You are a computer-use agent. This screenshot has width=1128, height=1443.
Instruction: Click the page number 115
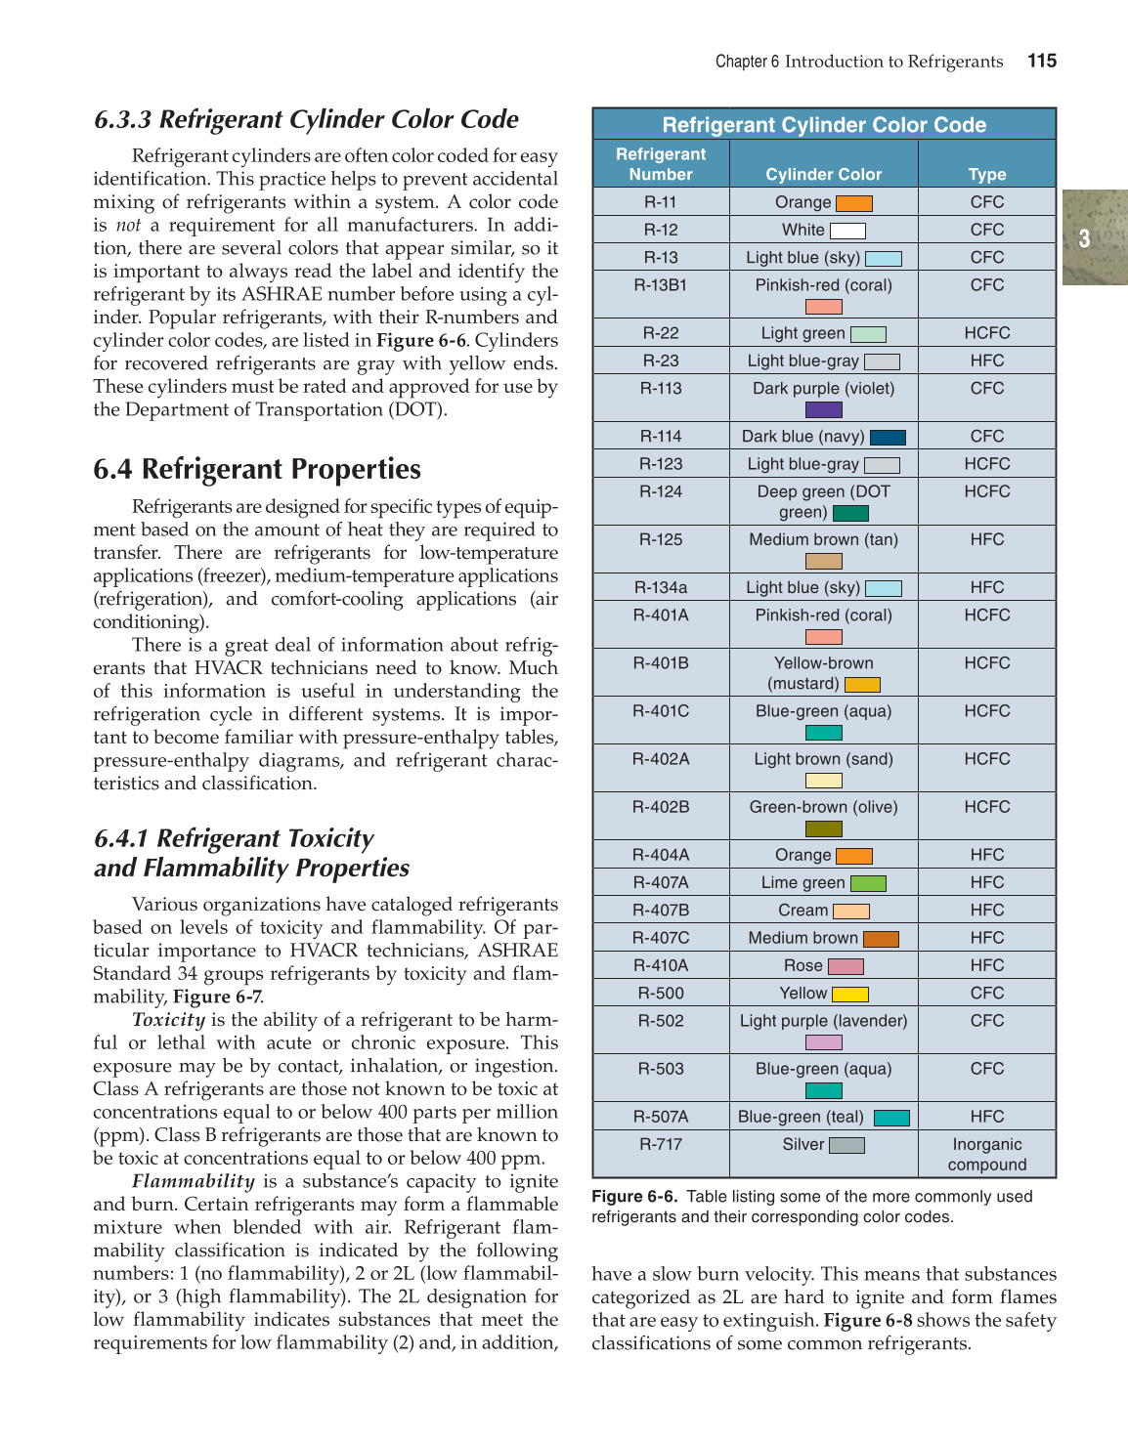pyautogui.click(x=1042, y=61)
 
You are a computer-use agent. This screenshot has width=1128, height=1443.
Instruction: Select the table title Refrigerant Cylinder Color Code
pyautogui.click(x=824, y=125)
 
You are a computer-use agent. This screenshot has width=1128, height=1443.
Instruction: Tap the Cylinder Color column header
pyautogui.click(x=823, y=174)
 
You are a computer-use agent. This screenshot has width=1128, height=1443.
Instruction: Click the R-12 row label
pyautogui.click(x=661, y=230)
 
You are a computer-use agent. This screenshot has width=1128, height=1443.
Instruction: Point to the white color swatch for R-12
pyautogui.click(x=847, y=232)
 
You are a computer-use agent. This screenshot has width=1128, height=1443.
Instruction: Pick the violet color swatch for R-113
pyautogui.click(x=824, y=409)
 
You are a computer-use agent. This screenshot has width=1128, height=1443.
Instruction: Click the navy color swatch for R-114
pyautogui.click(x=888, y=438)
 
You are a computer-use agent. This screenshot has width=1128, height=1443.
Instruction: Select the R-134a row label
pyautogui.click(x=661, y=587)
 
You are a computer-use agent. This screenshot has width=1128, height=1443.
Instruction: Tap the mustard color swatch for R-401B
pyautogui.click(x=862, y=685)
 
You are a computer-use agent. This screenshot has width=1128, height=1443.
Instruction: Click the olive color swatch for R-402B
pyautogui.click(x=824, y=828)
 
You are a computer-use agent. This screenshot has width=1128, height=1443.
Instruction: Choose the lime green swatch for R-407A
pyautogui.click(x=868, y=883)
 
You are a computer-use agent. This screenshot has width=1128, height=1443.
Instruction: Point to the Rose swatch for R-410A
pyautogui.click(x=846, y=966)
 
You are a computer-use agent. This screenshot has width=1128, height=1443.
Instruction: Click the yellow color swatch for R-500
pyautogui.click(x=850, y=995)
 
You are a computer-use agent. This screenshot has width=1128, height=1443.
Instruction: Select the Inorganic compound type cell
pyautogui.click(x=987, y=1154)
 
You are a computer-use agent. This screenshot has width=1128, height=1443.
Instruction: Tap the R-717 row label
pyautogui.click(x=661, y=1144)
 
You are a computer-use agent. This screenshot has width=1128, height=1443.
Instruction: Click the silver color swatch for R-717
pyautogui.click(x=846, y=1145)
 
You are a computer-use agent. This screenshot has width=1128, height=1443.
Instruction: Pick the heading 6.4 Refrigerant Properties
pyautogui.click(x=257, y=469)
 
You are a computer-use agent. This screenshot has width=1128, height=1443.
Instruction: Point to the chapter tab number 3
pyautogui.click(x=1084, y=238)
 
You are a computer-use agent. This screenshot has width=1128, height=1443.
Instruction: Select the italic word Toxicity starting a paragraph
pyautogui.click(x=168, y=1020)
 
